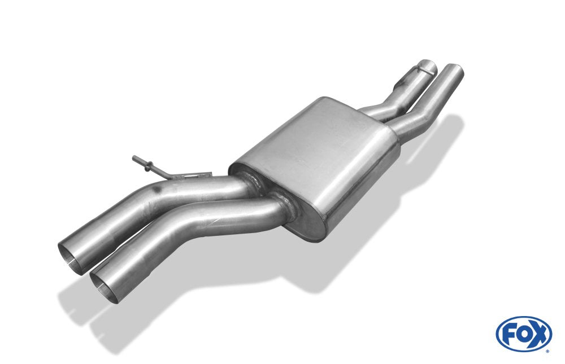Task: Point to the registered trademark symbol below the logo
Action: click(x=547, y=351)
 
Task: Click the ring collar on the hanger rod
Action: click(x=147, y=166)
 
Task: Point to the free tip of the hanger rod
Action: click(x=134, y=157)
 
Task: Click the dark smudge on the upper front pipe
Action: click(x=156, y=190)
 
